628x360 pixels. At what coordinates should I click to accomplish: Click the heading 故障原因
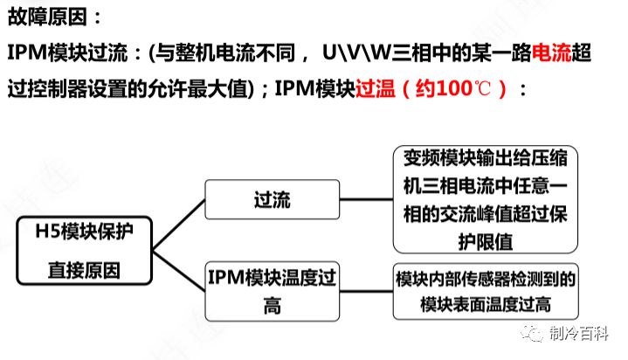click(x=48, y=17)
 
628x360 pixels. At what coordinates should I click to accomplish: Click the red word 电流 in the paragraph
click(x=551, y=53)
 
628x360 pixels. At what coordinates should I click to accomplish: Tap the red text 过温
click(x=376, y=88)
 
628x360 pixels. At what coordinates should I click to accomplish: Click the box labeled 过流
click(x=272, y=199)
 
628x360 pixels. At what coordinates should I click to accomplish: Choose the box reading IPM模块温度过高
click(x=272, y=292)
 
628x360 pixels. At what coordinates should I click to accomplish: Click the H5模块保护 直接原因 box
click(x=84, y=251)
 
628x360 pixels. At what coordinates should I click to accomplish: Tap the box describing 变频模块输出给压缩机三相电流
click(x=486, y=199)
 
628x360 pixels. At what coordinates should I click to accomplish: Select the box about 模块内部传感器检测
click(x=486, y=292)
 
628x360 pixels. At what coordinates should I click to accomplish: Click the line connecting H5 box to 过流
click(x=179, y=225)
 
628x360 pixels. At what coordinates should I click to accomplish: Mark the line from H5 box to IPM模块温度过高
click(x=179, y=271)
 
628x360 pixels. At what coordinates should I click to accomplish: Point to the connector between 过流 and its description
click(x=366, y=199)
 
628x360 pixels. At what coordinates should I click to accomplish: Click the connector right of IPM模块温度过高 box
click(x=366, y=292)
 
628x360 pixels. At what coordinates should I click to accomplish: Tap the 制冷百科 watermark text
click(x=579, y=334)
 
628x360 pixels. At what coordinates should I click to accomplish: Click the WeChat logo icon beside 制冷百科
click(x=532, y=334)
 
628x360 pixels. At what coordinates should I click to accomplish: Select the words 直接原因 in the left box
click(x=84, y=270)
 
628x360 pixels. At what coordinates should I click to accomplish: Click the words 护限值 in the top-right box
click(x=486, y=242)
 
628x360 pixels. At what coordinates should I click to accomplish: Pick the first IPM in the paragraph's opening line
click(x=27, y=53)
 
